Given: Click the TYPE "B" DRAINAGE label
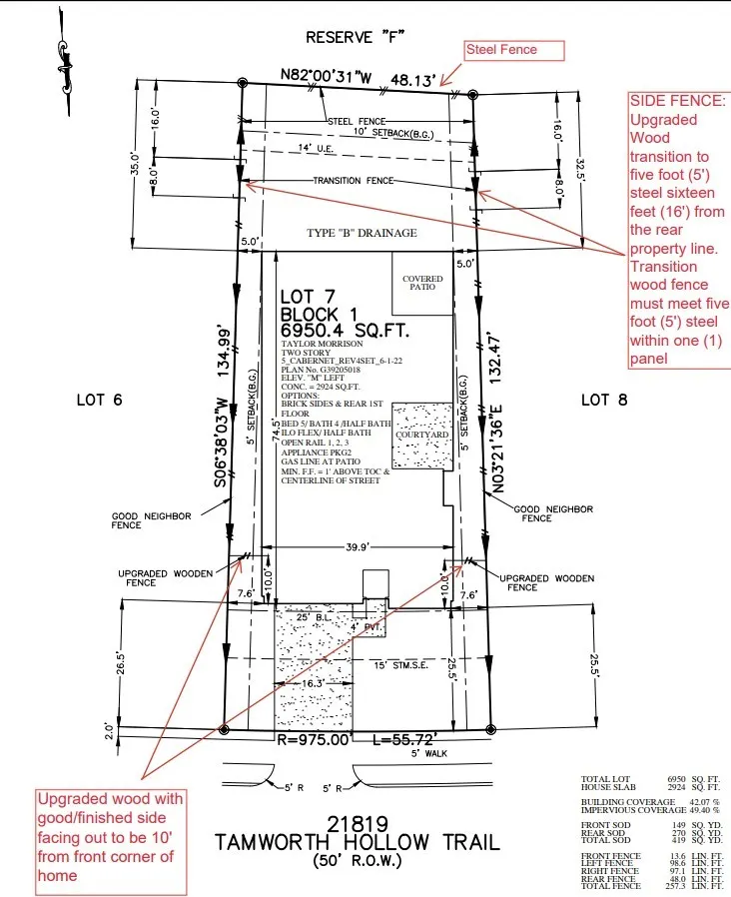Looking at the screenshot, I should tap(361, 233).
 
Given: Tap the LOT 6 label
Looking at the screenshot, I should tap(99, 400).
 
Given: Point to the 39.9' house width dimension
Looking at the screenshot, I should tap(359, 546).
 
